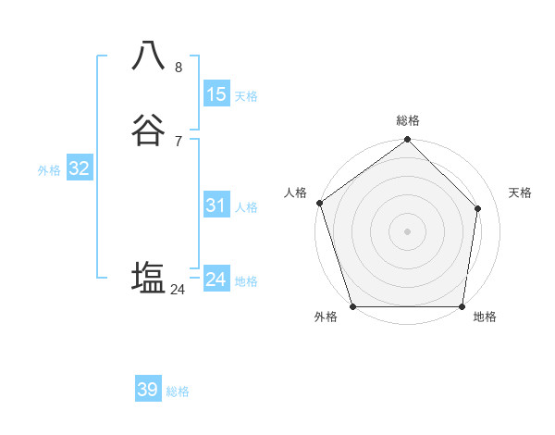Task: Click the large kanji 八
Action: [150, 56]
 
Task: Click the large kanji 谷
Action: [150, 131]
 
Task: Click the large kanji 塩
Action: [150, 277]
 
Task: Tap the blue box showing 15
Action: [216, 94]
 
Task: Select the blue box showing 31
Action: [216, 206]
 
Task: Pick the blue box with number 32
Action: [79, 168]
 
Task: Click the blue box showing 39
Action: [148, 390]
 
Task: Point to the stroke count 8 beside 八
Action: [179, 67]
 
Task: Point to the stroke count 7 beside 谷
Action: [179, 142]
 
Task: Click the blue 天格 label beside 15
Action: [245, 96]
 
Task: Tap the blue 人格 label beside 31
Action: [245, 207]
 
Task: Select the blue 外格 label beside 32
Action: [49, 170]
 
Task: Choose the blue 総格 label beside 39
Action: [178, 391]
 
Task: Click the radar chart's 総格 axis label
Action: [408, 120]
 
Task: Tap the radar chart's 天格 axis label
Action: [520, 193]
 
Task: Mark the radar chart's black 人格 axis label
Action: [296, 193]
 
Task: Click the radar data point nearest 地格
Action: [462, 306]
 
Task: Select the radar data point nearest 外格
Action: [352, 306]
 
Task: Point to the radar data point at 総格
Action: [408, 141]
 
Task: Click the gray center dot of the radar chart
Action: [408, 230]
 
